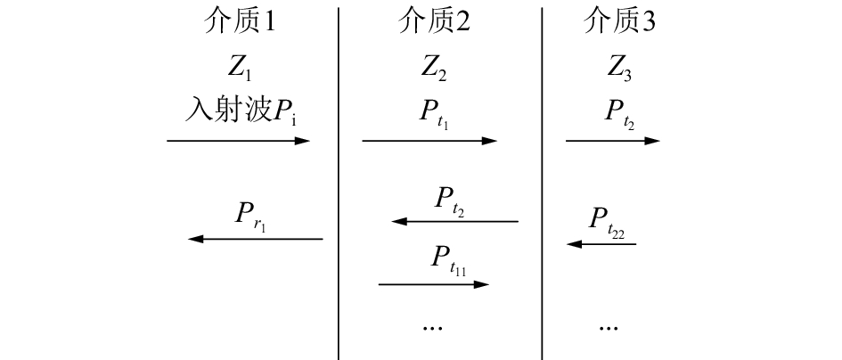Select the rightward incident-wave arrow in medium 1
point(238,141)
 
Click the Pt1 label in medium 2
point(434,114)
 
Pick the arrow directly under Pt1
point(429,141)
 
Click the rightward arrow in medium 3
point(613,141)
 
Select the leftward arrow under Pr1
point(256,239)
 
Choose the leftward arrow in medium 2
point(455,221)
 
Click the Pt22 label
point(606,220)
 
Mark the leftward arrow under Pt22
point(601,242)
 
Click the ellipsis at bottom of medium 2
point(432,326)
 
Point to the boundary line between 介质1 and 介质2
point(339,178)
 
